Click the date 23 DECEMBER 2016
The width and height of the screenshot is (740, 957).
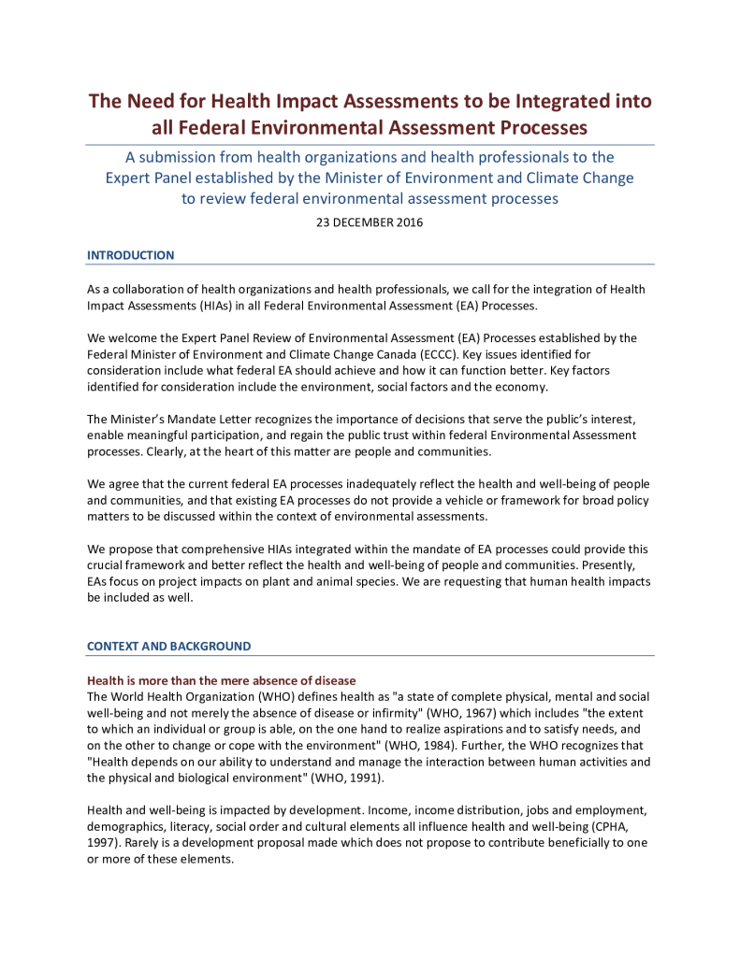click(x=370, y=222)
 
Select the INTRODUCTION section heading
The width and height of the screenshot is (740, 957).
click(x=130, y=255)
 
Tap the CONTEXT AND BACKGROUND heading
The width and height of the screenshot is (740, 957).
click(x=168, y=646)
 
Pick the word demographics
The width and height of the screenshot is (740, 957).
click(x=125, y=823)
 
